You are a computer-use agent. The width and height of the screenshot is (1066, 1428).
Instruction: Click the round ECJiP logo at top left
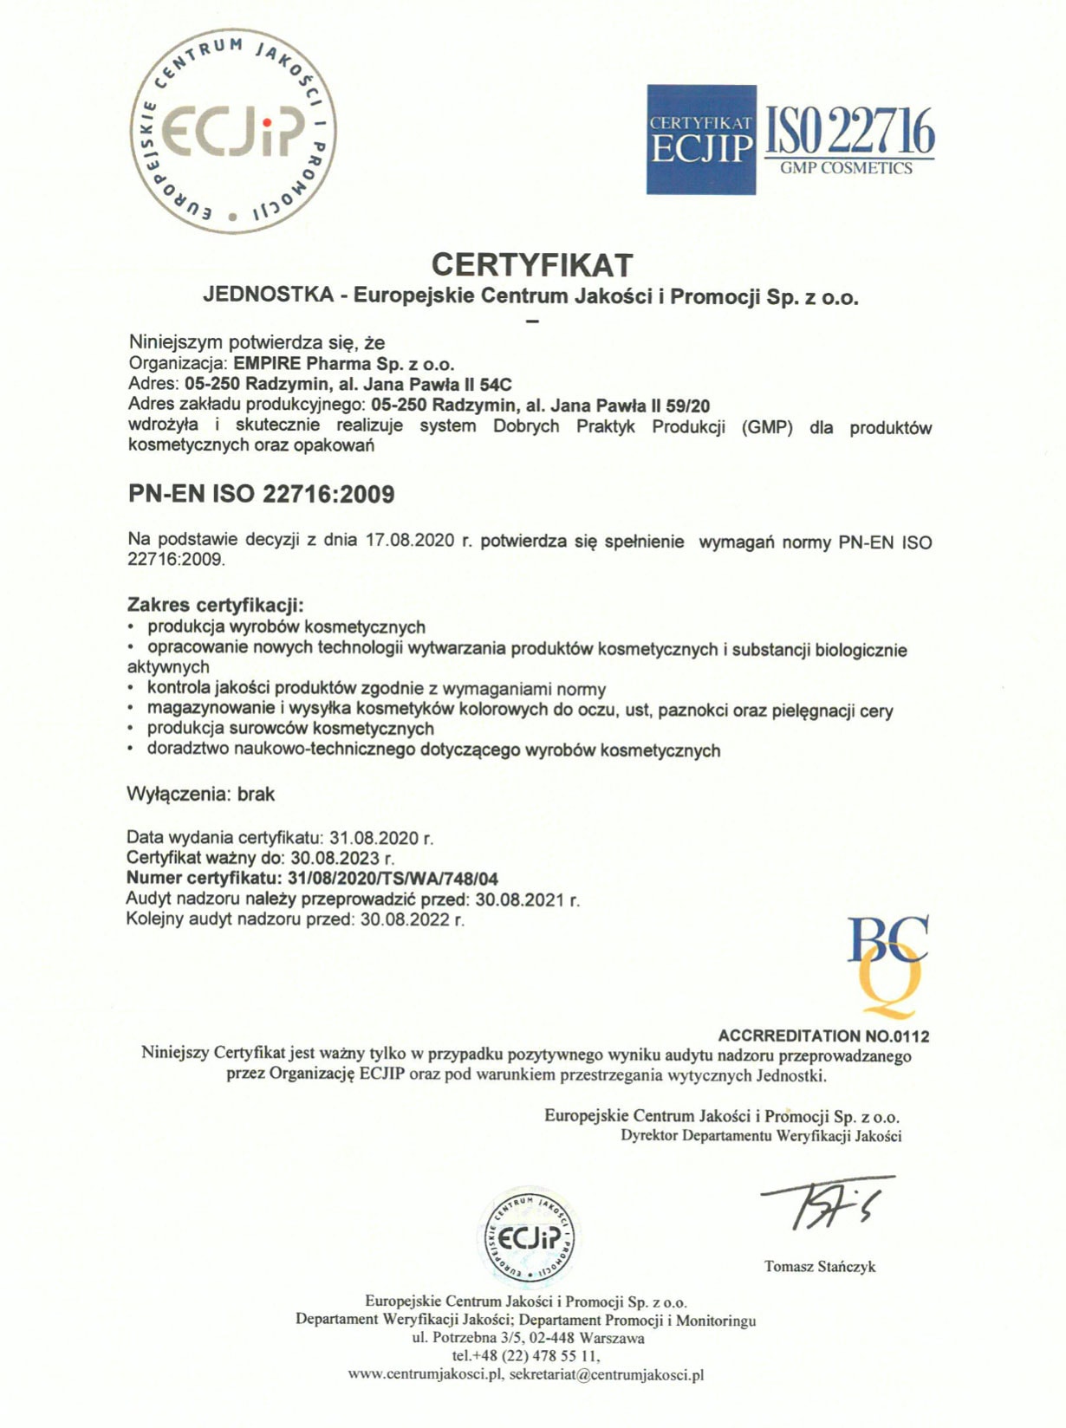click(x=233, y=131)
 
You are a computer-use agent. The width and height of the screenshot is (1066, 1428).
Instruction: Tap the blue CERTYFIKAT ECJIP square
click(x=701, y=140)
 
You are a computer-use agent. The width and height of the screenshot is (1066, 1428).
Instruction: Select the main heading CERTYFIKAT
click(x=532, y=264)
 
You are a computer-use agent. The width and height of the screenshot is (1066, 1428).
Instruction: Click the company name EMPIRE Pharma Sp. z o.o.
click(x=344, y=363)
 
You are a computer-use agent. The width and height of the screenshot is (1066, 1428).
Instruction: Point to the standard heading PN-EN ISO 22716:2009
click(x=261, y=495)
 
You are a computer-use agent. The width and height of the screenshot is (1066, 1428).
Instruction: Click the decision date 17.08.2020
click(x=410, y=541)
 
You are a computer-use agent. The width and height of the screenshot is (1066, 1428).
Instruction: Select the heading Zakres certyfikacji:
click(x=216, y=605)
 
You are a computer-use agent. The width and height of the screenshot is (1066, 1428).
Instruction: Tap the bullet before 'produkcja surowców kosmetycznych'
click(x=131, y=729)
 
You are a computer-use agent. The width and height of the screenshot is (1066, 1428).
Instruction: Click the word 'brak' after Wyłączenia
click(x=256, y=794)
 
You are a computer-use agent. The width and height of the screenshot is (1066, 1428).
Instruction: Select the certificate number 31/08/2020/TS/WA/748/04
click(x=393, y=879)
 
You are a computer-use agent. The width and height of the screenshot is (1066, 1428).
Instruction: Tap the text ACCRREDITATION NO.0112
click(x=823, y=1035)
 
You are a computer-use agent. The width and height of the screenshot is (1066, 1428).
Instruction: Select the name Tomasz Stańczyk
click(x=820, y=1267)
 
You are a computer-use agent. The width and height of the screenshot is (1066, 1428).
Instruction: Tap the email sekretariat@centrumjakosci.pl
click(x=607, y=1374)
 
